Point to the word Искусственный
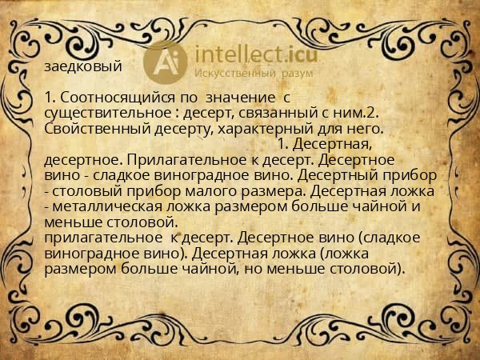[x=238, y=74]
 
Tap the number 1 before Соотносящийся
[x=49, y=98]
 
